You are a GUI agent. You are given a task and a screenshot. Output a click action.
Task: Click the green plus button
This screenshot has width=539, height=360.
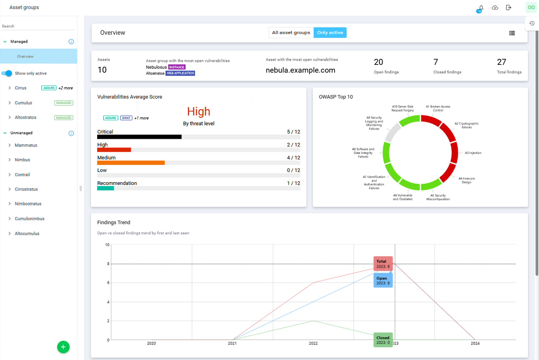(x=63, y=347)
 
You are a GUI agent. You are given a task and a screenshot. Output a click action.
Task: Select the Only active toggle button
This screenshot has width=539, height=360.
(x=330, y=33)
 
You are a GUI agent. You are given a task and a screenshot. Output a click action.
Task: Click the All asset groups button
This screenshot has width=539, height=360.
(x=291, y=33)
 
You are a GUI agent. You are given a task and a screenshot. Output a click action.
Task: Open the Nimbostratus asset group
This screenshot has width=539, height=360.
(x=28, y=204)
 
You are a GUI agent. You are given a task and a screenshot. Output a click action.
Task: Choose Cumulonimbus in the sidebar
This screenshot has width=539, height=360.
(x=29, y=219)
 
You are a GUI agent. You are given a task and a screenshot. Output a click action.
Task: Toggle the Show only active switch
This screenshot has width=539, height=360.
(x=7, y=73)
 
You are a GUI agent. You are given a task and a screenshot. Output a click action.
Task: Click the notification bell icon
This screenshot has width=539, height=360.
(x=481, y=8)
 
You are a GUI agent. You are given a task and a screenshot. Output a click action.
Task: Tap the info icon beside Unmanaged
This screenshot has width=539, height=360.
(x=71, y=133)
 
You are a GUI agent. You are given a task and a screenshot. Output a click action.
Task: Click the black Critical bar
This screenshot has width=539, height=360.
(x=139, y=137)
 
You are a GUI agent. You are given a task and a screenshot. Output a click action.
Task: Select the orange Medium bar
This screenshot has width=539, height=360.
(x=131, y=163)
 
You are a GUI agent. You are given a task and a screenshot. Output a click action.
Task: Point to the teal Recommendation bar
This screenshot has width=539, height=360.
(x=105, y=188)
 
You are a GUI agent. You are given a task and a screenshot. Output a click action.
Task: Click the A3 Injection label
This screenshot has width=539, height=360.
(x=473, y=153)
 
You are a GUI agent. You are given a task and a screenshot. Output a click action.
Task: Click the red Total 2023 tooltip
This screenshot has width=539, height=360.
(x=383, y=264)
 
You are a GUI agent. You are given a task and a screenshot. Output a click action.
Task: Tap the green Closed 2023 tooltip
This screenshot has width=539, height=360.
(x=383, y=340)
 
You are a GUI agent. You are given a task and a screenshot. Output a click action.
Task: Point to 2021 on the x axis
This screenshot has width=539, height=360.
(x=232, y=344)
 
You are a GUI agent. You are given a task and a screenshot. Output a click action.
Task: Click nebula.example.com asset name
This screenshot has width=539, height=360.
(x=300, y=70)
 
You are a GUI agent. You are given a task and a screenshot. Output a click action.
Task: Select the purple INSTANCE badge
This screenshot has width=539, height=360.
(x=177, y=67)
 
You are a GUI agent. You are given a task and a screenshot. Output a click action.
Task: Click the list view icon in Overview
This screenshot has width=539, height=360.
(x=512, y=33)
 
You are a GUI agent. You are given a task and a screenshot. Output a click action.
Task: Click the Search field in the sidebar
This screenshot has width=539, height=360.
(x=38, y=26)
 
